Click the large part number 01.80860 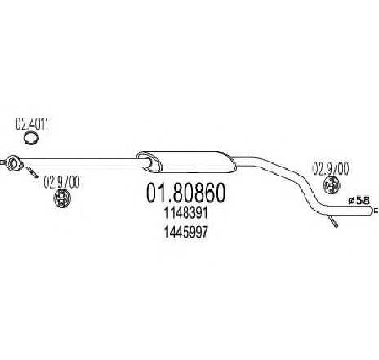click(186, 193)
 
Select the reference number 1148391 click(186, 213)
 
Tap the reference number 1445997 click(186, 232)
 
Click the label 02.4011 click(32, 124)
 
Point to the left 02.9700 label click(61, 182)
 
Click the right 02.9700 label click(331, 168)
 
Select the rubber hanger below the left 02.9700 click(62, 198)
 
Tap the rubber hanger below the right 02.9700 click(331, 184)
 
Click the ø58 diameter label click(359, 201)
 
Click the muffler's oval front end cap click(149, 162)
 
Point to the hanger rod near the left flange click(32, 173)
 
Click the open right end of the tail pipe click(371, 211)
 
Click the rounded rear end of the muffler click(231, 162)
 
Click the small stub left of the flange click(2, 163)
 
